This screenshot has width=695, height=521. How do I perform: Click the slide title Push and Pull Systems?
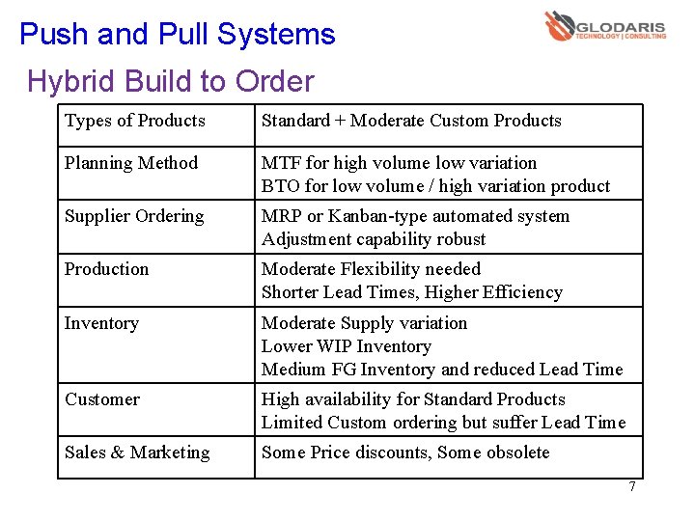tap(178, 35)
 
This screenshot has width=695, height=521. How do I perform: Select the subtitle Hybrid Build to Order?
tap(171, 81)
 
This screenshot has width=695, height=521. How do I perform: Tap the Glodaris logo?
tap(605, 26)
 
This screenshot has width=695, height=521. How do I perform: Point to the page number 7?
tap(632, 486)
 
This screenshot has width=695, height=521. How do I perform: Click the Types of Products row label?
tap(135, 121)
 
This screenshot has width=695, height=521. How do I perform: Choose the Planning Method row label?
tap(131, 163)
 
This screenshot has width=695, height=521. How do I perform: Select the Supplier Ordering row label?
tap(134, 216)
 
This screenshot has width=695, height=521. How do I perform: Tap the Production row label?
tap(107, 269)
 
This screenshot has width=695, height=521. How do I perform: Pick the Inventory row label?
tap(101, 323)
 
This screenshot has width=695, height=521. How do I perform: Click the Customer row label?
tap(102, 399)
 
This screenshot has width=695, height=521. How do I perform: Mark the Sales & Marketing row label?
tap(137, 452)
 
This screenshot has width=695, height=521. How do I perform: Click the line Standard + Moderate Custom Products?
tap(411, 121)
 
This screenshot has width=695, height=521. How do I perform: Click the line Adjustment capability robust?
tap(374, 239)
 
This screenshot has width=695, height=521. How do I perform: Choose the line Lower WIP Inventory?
tap(346, 346)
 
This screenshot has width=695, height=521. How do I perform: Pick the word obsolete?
tap(518, 452)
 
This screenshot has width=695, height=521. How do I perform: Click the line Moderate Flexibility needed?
tap(371, 269)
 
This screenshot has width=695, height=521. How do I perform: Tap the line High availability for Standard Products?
tap(413, 399)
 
